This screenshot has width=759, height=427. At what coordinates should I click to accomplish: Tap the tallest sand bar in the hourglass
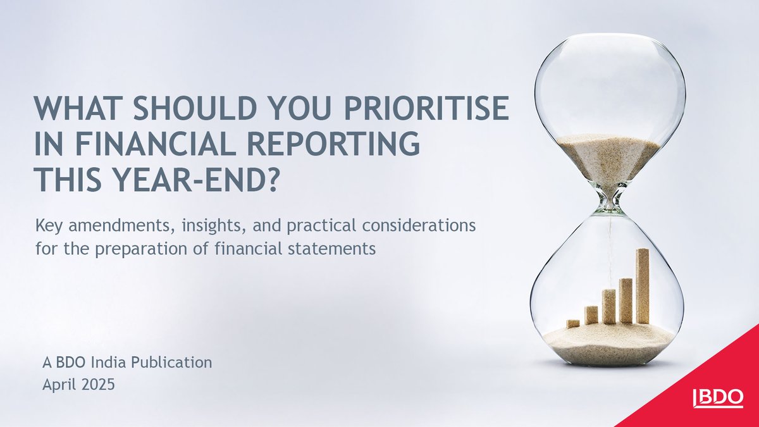(x=642, y=286)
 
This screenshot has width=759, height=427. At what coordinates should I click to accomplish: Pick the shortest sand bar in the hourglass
(x=573, y=323)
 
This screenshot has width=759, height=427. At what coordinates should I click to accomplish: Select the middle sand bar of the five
(x=608, y=306)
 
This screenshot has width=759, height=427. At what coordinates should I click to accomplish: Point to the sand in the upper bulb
(x=609, y=155)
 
